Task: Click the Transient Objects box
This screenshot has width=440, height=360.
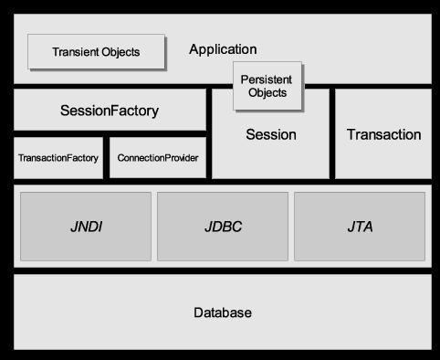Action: (96, 52)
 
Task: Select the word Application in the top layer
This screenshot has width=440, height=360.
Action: (223, 49)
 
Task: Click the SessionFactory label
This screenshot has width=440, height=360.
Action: (109, 111)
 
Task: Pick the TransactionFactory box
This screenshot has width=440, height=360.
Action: (58, 158)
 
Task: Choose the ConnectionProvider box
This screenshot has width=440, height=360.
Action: (158, 158)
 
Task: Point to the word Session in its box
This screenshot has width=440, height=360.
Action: (271, 134)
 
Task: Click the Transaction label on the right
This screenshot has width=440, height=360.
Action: (383, 134)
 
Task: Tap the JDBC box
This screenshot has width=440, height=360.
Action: (222, 226)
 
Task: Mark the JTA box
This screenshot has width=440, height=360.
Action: (359, 226)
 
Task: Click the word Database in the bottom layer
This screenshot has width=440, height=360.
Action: (222, 312)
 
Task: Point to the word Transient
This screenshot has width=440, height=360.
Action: (76, 52)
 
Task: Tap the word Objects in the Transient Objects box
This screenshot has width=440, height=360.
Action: (120, 52)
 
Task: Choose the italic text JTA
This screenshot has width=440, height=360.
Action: (359, 226)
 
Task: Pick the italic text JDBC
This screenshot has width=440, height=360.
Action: (222, 226)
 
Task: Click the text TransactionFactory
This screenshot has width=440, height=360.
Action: (58, 158)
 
